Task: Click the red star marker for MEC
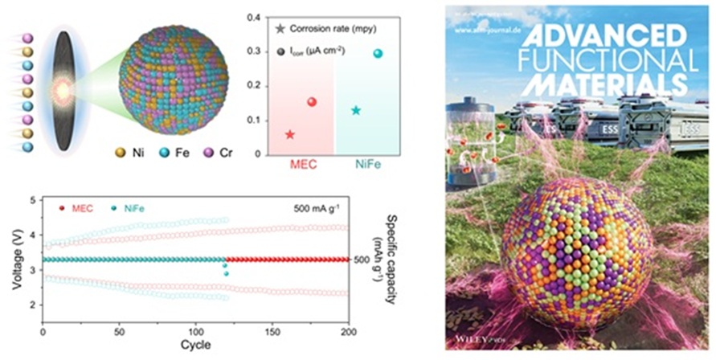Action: tap(289, 134)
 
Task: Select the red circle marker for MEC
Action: tap(311, 102)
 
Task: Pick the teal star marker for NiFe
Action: tap(356, 110)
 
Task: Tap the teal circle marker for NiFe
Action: tap(378, 54)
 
